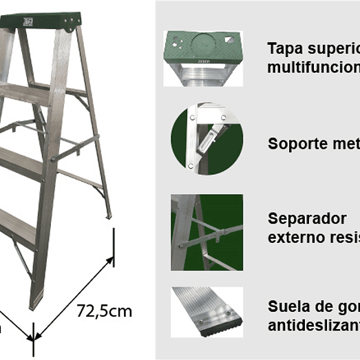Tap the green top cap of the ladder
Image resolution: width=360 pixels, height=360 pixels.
tap(42, 20)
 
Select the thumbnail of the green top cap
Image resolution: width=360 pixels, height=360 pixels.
tap(204, 58)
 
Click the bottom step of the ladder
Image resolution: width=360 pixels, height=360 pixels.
tap(17, 228)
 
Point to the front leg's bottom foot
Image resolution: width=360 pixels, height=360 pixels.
tap(35, 304)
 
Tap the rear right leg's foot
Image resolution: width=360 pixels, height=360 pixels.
tap(108, 215)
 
